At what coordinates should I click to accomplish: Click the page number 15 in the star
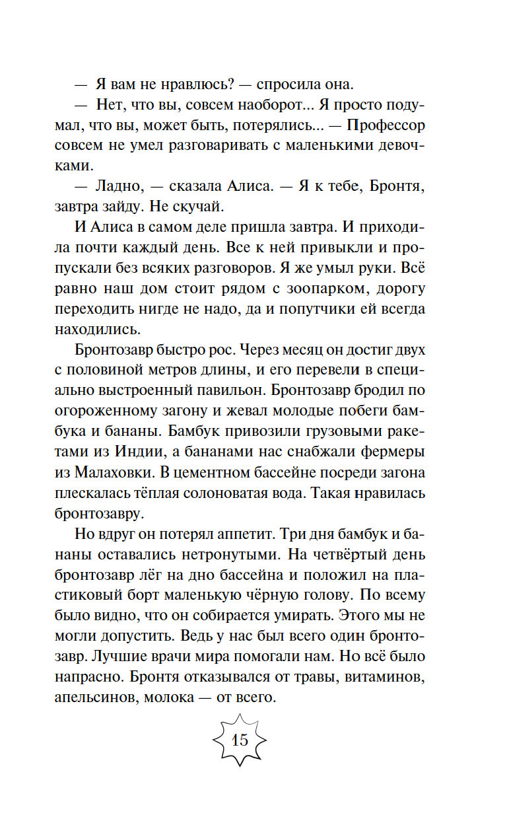(x=239, y=740)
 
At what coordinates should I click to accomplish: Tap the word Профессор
(x=386, y=125)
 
